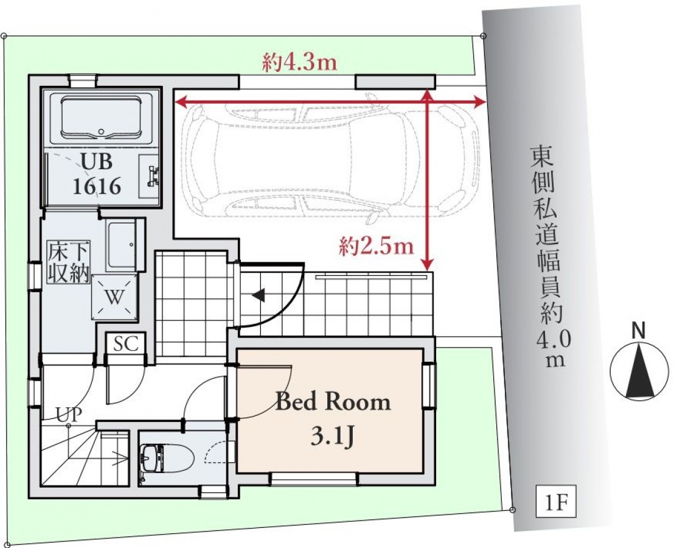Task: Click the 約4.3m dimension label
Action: pos(299,63)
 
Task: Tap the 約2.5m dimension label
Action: pos(376,247)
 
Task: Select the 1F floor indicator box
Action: pos(556,502)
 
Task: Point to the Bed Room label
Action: pos(333,402)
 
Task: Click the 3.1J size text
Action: pos(333,437)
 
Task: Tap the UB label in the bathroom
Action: pos(97,161)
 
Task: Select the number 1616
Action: pos(97,186)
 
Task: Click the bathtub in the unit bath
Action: pos(102,118)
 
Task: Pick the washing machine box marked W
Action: pos(115,297)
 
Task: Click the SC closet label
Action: pos(126,343)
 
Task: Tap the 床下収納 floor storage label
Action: pos(69,262)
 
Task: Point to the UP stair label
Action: pos(69,415)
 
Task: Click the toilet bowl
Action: pos(167,459)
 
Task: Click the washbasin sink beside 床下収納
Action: pos(121,245)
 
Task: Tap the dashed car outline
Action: pos(332,160)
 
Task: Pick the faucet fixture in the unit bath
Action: pos(151,176)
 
